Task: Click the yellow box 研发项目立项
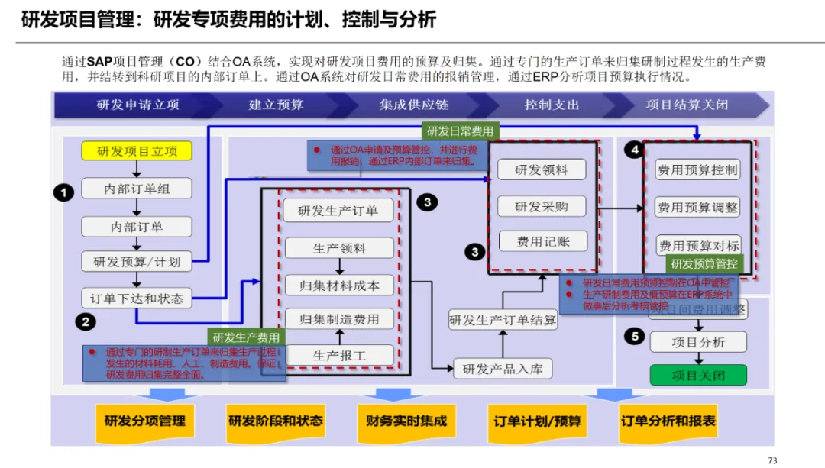[137, 151]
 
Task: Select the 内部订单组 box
[137, 189]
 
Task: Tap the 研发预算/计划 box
[137, 262]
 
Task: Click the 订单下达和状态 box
[137, 299]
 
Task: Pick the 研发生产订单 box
[338, 211]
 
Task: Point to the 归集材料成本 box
[339, 286]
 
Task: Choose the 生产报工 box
[339, 355]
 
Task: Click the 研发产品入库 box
[503, 369]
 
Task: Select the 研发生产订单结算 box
[503, 320]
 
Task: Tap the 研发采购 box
[542, 206]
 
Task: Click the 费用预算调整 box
[697, 207]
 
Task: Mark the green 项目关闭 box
[697, 375]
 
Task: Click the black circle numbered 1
[64, 192]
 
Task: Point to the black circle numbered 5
[634, 335]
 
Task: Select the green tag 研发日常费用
[460, 131]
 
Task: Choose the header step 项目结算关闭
[686, 105]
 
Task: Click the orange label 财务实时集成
[406, 421]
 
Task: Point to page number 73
[772, 460]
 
